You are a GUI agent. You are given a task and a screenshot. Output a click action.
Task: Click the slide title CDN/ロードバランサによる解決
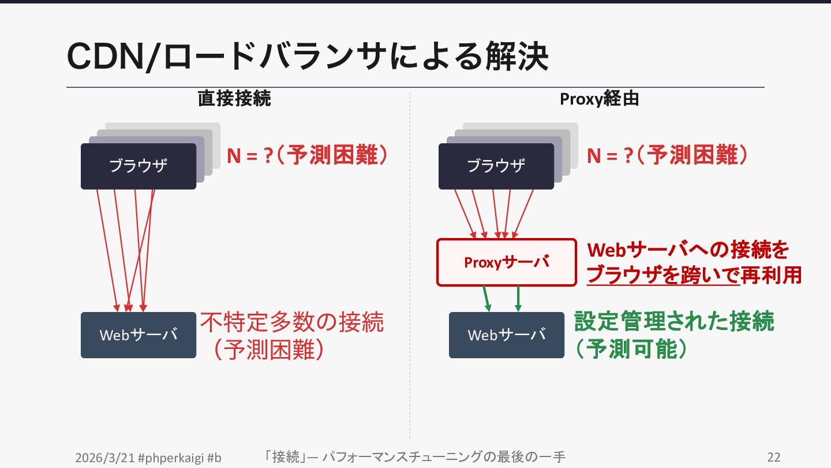tap(307, 57)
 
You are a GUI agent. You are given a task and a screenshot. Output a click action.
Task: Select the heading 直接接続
tap(234, 99)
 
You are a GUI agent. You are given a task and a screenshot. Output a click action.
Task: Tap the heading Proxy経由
tap(599, 99)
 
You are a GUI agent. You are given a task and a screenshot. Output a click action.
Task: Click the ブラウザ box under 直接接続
tap(138, 166)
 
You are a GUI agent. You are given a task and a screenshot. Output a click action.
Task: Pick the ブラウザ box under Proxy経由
tap(496, 166)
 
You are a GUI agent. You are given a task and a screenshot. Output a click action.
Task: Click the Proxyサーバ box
tap(507, 262)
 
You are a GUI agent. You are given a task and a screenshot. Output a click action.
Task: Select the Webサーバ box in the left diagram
tap(138, 335)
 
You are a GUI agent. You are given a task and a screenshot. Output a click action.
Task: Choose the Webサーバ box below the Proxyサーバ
tap(507, 335)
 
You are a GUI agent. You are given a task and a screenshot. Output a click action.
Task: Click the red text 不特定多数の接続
tap(292, 322)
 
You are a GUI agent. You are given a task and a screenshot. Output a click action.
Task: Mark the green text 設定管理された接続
tap(674, 322)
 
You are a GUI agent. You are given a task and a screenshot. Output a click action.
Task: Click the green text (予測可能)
tap(631, 349)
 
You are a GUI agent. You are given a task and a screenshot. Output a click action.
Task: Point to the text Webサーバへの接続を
tap(687, 250)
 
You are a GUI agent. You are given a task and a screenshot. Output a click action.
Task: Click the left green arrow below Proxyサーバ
tap(487, 299)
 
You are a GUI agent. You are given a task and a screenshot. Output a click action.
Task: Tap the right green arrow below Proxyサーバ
tap(518, 299)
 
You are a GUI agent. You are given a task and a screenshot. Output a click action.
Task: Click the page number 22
tap(774, 458)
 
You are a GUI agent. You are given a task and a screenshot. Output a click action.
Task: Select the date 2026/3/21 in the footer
tap(105, 458)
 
